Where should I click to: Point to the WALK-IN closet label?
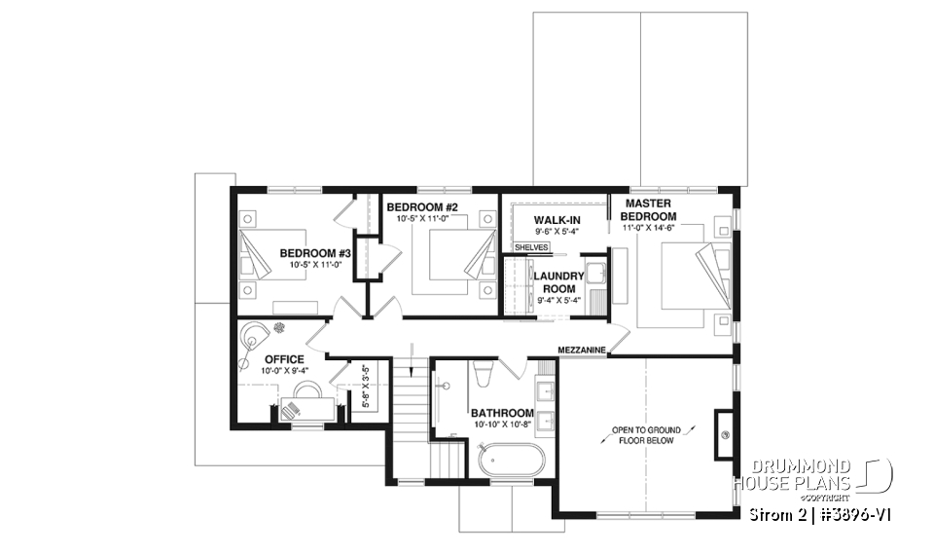[557, 220]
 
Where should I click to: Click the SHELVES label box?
[531, 247]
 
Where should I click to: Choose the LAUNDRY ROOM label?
[558, 281]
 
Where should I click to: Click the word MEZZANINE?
[583, 349]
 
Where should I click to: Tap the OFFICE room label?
[284, 359]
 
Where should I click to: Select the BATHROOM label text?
[502, 412]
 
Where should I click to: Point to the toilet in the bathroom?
[485, 374]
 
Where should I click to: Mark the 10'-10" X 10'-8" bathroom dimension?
[502, 425]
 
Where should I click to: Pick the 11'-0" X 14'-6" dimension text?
[649, 228]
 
